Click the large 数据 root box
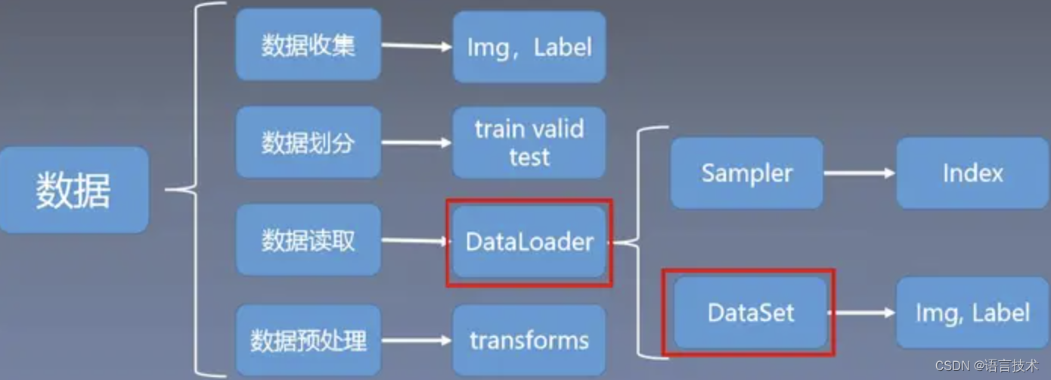click(x=73, y=190)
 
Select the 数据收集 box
click(x=308, y=45)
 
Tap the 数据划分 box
click(x=308, y=142)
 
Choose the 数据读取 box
click(x=308, y=240)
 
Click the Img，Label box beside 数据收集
click(x=529, y=47)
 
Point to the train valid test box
click(x=529, y=142)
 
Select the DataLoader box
click(x=529, y=241)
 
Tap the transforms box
click(x=529, y=340)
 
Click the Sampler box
click(x=746, y=173)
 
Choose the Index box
click(x=972, y=173)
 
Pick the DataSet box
click(x=749, y=312)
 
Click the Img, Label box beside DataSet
click(x=972, y=312)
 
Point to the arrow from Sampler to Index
click(x=859, y=173)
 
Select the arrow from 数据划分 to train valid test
click(x=417, y=142)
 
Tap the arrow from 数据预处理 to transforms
click(x=417, y=340)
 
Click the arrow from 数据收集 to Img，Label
click(x=417, y=46)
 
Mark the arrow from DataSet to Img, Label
click(x=863, y=312)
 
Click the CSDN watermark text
click(x=987, y=366)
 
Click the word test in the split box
click(x=529, y=157)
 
